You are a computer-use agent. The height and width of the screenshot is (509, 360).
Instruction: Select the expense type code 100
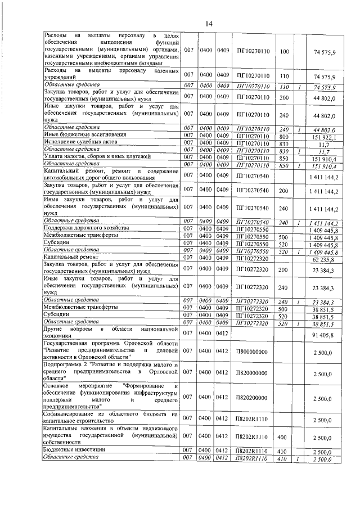pos(283,52)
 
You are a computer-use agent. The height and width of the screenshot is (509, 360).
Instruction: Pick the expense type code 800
pos(283,136)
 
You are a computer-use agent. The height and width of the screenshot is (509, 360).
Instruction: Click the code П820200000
pos(252,398)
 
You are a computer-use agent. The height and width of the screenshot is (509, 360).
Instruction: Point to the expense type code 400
pos(283,438)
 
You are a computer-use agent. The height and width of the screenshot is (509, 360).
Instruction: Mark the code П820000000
pos(252,373)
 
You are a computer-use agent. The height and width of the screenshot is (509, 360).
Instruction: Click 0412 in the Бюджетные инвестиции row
pos(222,452)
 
